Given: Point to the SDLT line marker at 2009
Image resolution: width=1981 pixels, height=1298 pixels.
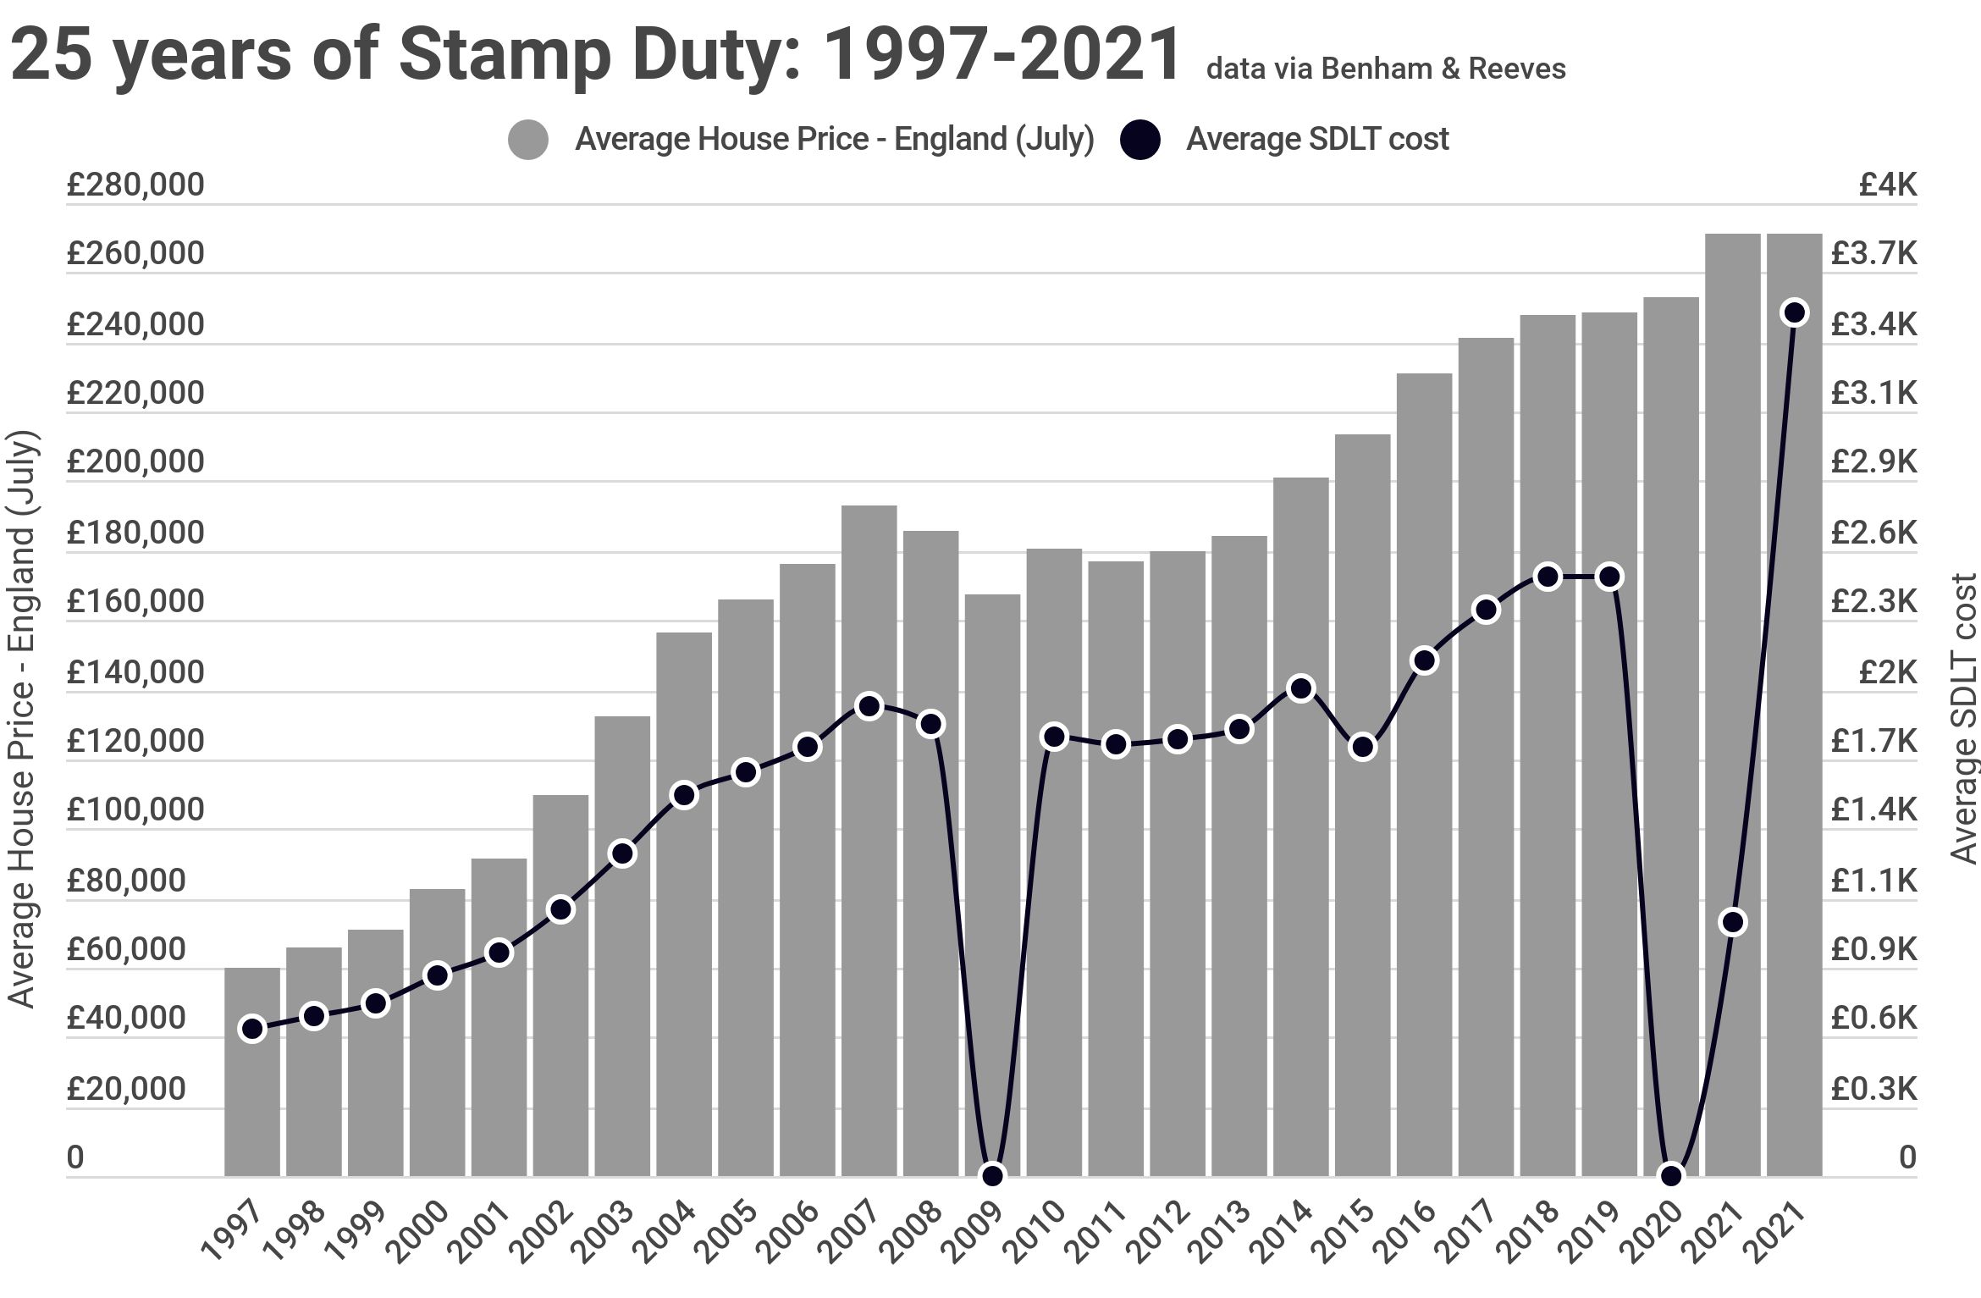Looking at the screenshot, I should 992,1175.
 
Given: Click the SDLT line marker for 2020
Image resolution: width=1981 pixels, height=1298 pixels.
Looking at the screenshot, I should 1671,1175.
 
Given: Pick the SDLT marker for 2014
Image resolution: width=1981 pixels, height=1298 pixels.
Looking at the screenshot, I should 1301,688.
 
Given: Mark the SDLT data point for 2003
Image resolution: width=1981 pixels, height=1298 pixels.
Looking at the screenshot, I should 622,853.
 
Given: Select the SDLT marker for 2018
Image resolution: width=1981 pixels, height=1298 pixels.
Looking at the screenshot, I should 1548,577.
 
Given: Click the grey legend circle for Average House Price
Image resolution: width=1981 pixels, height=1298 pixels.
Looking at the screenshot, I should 527,140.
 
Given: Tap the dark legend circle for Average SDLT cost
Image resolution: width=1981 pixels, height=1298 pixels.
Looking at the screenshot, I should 1139,140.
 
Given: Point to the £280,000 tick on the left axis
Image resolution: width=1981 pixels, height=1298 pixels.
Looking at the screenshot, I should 135,185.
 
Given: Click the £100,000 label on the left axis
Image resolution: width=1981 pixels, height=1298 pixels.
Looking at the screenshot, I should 135,809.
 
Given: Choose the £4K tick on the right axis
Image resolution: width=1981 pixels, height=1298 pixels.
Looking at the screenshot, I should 1887,185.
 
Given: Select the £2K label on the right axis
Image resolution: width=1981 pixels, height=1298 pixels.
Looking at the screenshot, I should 1887,672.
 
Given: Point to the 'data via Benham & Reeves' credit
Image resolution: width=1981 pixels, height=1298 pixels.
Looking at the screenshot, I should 1386,69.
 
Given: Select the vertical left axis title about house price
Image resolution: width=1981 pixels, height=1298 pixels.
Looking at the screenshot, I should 20,720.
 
